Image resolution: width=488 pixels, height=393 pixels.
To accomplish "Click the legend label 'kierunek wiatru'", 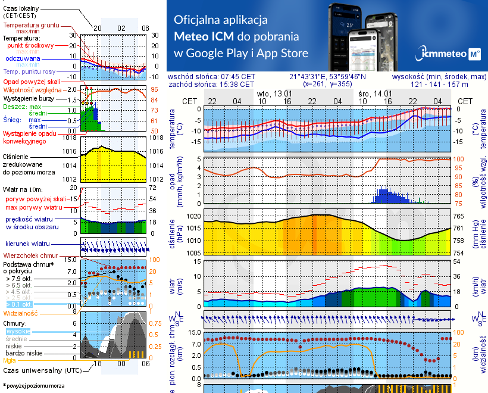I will (x=28, y=244).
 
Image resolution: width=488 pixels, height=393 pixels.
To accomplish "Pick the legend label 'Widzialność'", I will (x=21, y=313).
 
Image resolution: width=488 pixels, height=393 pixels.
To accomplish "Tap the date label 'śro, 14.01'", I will (x=375, y=93).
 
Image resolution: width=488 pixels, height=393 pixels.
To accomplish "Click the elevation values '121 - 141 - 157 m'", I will (x=439, y=85).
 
